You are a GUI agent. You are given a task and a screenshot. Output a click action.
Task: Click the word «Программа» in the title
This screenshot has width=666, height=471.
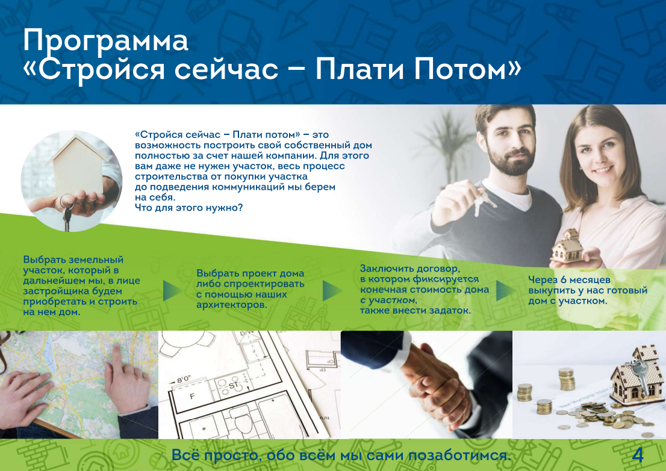click(105, 42)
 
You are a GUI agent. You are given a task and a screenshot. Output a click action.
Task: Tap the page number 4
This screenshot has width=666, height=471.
click(638, 455)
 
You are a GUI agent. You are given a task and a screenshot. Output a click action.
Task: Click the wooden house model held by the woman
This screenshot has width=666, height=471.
click(567, 246)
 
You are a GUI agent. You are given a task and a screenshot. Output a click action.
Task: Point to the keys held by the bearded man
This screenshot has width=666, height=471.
click(483, 201)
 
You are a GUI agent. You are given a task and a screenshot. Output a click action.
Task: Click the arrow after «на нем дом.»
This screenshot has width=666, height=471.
click(172, 291)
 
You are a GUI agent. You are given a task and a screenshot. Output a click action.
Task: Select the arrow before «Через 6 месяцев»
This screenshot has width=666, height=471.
click(506, 291)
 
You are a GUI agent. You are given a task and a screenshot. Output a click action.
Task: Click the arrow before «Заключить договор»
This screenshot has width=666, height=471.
click(332, 291)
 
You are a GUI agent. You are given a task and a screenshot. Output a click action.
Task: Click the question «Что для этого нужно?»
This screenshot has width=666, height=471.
click(188, 208)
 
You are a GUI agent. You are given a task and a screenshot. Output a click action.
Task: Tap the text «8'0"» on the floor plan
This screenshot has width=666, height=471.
click(183, 379)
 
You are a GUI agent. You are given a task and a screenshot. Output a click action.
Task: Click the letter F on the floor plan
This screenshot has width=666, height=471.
click(192, 397)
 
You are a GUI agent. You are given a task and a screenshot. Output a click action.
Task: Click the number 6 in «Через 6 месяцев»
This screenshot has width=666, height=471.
click(563, 280)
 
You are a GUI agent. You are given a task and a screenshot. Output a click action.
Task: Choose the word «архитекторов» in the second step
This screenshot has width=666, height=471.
click(232, 305)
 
